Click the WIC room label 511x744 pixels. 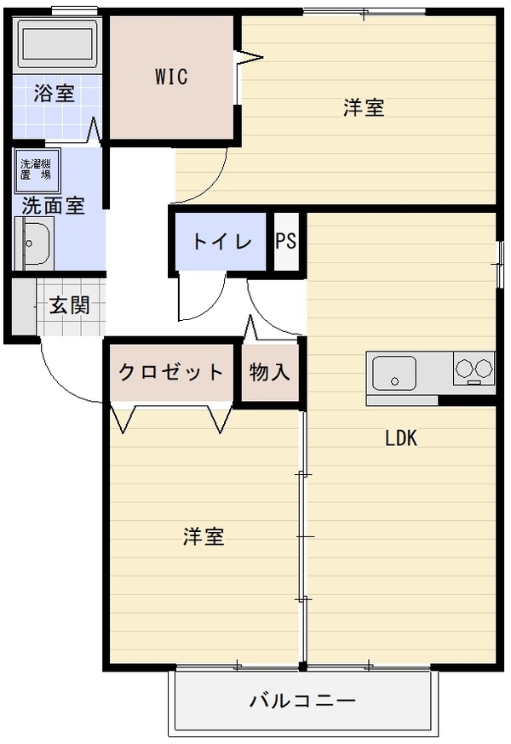pyautogui.click(x=171, y=77)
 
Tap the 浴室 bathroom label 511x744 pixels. pyautogui.click(x=55, y=93)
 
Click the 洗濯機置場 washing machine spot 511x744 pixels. pyautogui.click(x=37, y=170)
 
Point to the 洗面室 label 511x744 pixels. pyautogui.click(x=53, y=205)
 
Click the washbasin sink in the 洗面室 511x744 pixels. pyautogui.click(x=33, y=243)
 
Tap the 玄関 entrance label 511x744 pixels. pyautogui.click(x=70, y=305)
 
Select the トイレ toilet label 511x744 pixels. pyautogui.click(x=221, y=241)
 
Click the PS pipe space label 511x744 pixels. pyautogui.click(x=286, y=241)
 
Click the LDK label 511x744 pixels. pyautogui.click(x=401, y=438)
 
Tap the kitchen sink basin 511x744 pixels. pyautogui.click(x=394, y=373)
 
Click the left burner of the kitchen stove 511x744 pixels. pyautogui.click(x=463, y=368)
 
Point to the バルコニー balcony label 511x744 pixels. pyautogui.click(x=302, y=701)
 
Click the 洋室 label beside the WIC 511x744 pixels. pyautogui.click(x=364, y=107)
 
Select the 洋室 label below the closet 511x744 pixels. pyautogui.click(x=204, y=536)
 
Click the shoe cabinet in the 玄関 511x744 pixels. pyautogui.click(x=24, y=306)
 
